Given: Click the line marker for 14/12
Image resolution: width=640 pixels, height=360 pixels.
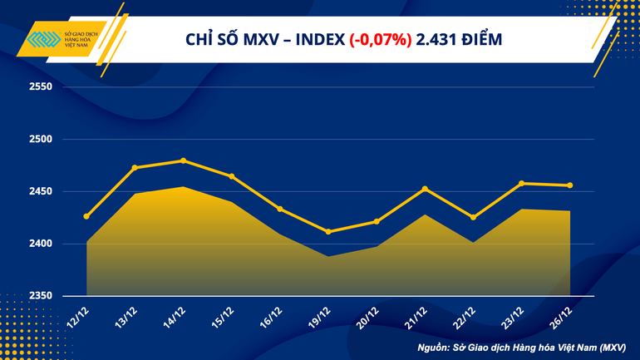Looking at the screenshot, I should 183,160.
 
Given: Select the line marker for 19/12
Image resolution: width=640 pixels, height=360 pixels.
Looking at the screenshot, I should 328,231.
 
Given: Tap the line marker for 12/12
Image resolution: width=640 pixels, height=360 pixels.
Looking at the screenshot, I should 86,216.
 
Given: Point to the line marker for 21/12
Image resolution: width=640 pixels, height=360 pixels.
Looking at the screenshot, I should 425,189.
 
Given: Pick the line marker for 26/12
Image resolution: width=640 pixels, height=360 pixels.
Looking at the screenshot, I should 570,185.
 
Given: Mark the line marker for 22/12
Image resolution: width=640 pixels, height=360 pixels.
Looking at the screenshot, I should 473,217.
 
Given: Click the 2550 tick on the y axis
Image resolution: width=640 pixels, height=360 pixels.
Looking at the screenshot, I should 40,86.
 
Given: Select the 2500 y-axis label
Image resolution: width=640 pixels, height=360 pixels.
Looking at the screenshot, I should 40,139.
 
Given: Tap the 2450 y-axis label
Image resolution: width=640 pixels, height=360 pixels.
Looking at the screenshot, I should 40,191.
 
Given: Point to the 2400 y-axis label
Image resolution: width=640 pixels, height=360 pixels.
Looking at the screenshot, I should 40,244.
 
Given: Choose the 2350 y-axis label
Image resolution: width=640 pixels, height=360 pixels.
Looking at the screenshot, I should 40,296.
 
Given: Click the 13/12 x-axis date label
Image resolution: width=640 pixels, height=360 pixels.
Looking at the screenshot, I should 126,316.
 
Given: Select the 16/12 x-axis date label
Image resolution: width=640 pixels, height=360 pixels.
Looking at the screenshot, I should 271,316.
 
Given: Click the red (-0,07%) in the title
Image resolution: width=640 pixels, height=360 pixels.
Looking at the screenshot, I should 381,39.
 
